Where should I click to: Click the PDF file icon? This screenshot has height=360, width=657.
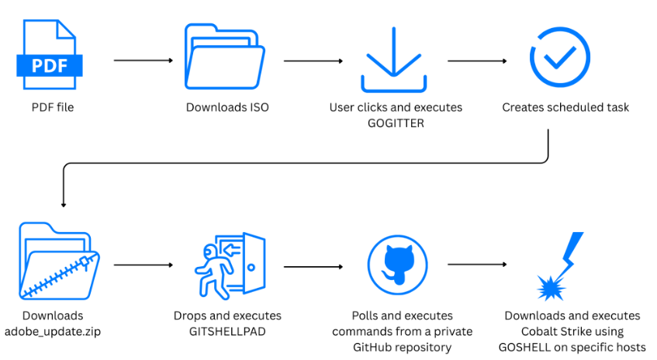50,54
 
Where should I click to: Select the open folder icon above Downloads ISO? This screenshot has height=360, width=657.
225,57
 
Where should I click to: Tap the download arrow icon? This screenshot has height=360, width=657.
394,60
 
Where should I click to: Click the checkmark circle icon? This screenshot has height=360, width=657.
560,57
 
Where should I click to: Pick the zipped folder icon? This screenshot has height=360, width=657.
59,261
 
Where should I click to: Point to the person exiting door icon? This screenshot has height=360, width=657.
230,265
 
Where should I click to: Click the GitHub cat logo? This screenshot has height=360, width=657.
398,265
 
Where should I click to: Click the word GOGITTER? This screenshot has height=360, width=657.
396,123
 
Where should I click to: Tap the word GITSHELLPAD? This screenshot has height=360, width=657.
227,331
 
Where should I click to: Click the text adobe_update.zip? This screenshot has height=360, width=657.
53,332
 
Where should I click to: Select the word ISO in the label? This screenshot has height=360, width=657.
259,107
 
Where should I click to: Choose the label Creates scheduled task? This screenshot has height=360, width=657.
565,107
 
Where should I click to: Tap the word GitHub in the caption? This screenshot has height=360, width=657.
372,348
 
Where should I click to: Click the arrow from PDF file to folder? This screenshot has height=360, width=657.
144,61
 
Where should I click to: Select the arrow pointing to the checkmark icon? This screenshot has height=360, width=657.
477,61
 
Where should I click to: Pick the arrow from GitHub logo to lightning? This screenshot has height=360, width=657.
477,265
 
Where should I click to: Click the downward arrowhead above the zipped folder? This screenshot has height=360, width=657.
64,205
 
